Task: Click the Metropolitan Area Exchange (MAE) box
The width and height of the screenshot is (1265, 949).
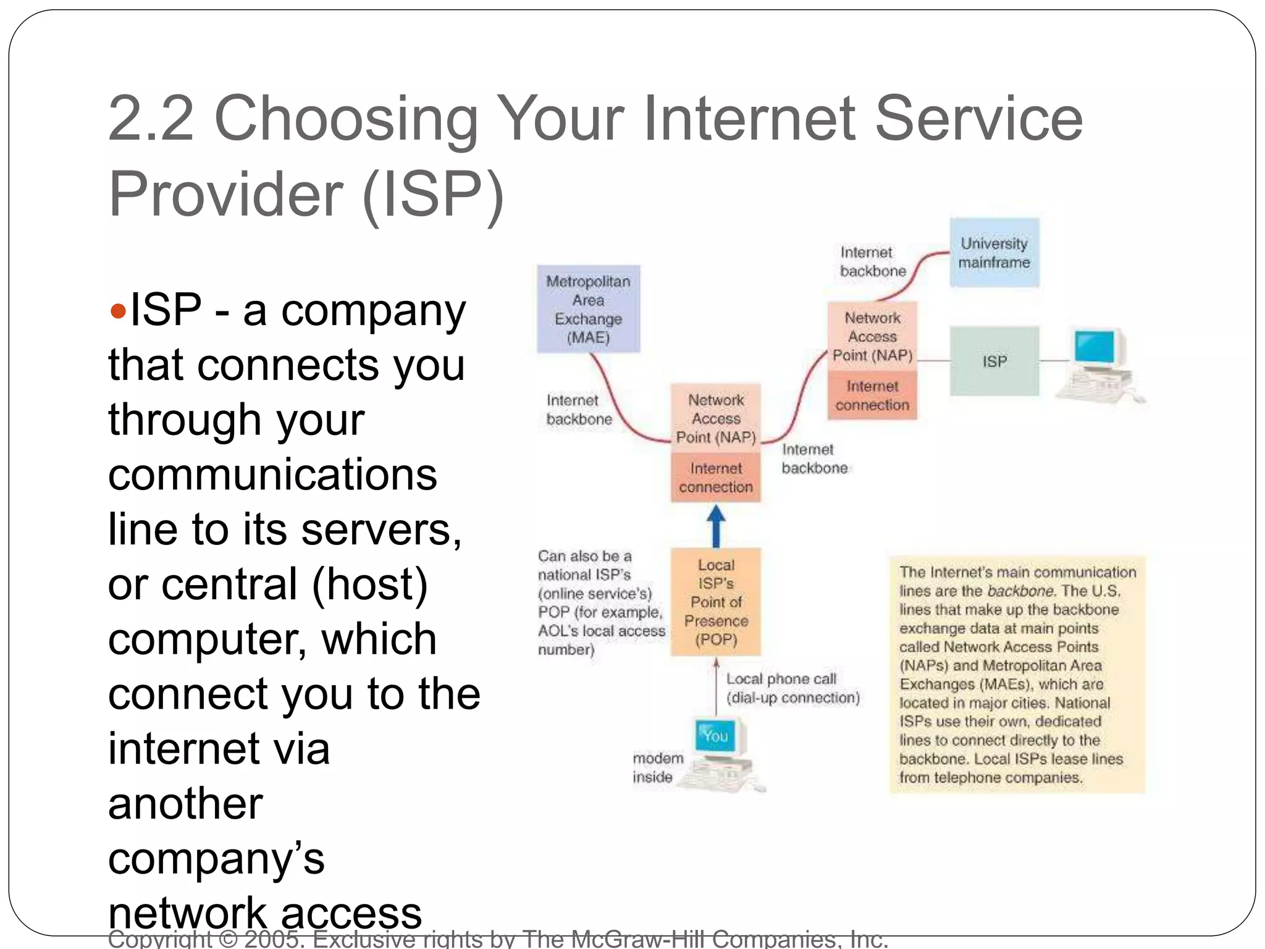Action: pos(588,309)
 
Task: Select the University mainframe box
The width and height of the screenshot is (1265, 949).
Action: pos(994,253)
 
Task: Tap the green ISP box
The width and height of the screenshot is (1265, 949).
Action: pos(994,361)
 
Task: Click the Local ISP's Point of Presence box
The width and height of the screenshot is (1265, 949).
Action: pos(716,602)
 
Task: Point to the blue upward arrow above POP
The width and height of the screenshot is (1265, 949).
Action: pos(716,526)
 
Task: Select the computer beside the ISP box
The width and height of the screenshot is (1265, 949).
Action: pos(1100,365)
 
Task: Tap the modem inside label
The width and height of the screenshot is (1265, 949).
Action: pos(657,767)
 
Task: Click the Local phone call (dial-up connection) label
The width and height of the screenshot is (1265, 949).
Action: pos(792,688)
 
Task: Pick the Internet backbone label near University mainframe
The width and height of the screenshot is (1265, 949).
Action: pos(872,261)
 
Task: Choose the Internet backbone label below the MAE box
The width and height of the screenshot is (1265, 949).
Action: pos(578,410)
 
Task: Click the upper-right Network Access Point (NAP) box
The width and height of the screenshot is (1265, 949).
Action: pos(872,336)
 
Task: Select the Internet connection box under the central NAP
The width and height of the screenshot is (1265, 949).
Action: pos(716,478)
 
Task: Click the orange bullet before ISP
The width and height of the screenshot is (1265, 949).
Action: pos(117,310)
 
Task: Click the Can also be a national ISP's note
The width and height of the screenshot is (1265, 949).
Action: pos(600,602)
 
